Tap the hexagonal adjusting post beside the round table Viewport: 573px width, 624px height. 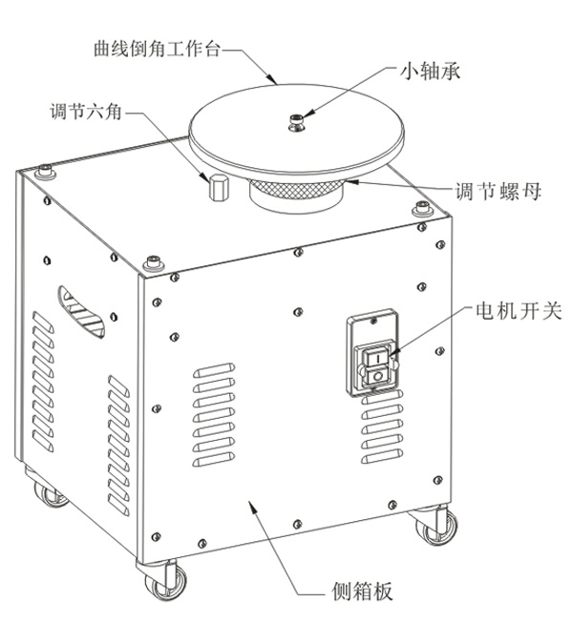coord(215,188)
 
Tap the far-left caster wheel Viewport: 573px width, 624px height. coord(47,492)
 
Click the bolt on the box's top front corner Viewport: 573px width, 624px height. coord(151,262)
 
